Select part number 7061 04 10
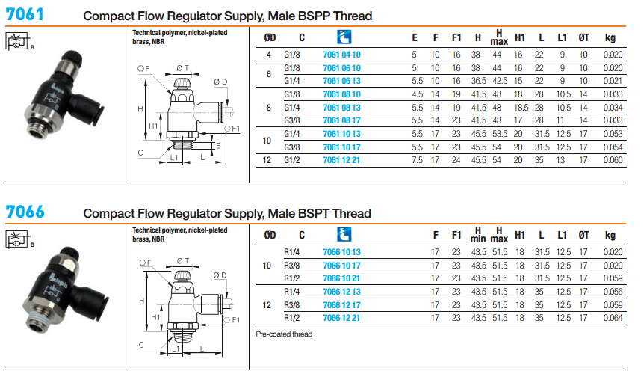click(341, 55)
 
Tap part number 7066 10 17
click(341, 266)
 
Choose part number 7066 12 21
click(341, 318)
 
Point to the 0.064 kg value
click(613, 318)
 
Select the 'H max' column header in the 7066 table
click(500, 235)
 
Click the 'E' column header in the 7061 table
click(415, 37)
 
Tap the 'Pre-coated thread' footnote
click(284, 334)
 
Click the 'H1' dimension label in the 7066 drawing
click(155, 316)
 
